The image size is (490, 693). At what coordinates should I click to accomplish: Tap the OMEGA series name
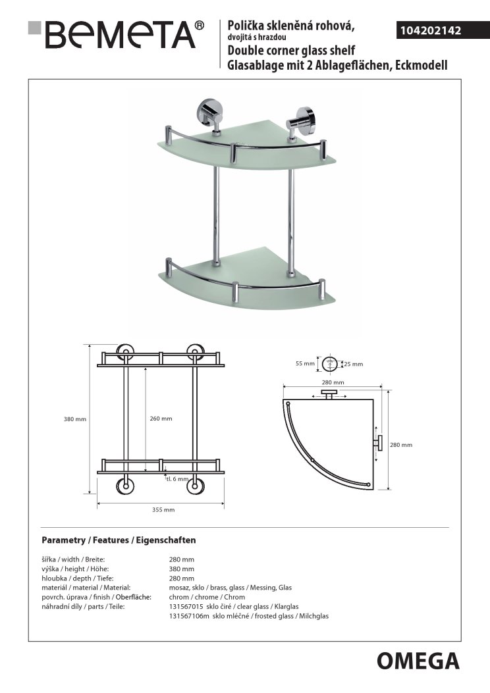pyautogui.click(x=418, y=660)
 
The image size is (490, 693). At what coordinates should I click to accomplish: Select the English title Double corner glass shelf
pyautogui.click(x=291, y=51)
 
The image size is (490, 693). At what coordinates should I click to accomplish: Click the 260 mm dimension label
pyautogui.click(x=161, y=419)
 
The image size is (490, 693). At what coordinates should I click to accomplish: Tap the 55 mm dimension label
pyautogui.click(x=304, y=363)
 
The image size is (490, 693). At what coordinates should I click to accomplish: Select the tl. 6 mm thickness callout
pyautogui.click(x=177, y=478)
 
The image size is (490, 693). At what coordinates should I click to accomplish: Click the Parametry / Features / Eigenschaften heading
pyautogui.click(x=119, y=540)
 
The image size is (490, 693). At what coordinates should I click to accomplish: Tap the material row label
pyautogui.click(x=86, y=587)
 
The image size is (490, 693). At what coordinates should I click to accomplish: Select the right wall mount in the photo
pyautogui.click(x=302, y=116)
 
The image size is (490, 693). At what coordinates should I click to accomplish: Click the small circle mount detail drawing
pyautogui.click(x=331, y=363)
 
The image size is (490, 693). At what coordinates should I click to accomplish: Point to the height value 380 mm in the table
pyautogui.click(x=182, y=569)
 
